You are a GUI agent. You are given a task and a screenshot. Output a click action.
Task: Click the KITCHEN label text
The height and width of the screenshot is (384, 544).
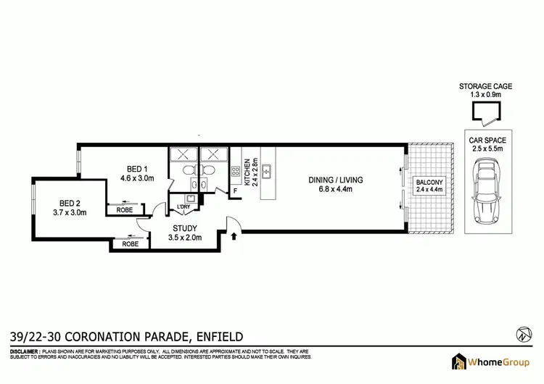tap(247, 172)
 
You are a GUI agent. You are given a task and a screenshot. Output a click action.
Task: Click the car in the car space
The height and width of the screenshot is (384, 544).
tap(485, 194)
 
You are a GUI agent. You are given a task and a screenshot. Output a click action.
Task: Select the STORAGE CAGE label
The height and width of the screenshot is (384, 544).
tap(485, 86)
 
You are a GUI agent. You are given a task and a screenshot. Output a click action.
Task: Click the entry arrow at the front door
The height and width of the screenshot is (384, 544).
tap(234, 235)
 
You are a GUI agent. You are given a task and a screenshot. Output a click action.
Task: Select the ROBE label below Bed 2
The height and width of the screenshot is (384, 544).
tap(130, 244)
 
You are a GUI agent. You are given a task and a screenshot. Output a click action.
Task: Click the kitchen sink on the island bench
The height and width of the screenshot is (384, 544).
tap(266, 172)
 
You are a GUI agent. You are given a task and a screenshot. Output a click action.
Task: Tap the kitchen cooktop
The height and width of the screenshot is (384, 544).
tap(236, 172)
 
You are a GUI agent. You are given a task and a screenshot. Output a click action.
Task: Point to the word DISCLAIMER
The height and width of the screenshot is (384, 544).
tap(28, 350)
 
